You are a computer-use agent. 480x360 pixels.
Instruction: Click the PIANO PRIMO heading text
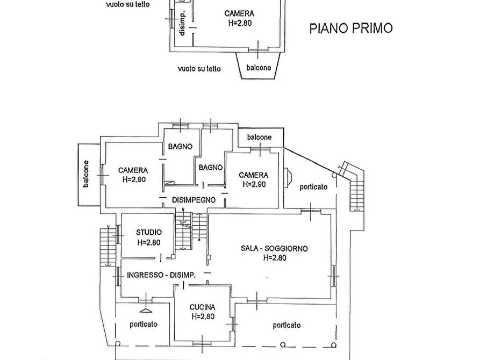point(350,28)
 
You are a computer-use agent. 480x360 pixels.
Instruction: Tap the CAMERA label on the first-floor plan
point(239,14)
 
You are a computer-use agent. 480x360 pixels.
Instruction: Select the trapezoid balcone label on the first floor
point(259,68)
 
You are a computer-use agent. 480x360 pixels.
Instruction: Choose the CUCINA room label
point(203,307)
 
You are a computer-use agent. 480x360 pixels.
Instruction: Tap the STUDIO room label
point(148,232)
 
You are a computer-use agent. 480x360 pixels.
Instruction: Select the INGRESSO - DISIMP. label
point(161,275)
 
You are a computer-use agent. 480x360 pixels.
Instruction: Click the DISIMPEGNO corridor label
point(194,200)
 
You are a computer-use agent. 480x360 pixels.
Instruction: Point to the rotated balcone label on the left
point(87,174)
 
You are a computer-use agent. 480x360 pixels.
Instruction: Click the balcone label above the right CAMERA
point(259,138)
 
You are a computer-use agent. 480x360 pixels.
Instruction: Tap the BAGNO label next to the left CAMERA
point(180,146)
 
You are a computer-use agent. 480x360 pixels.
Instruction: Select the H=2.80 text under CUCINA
point(202,316)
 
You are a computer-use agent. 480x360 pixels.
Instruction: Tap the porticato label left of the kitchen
point(143,324)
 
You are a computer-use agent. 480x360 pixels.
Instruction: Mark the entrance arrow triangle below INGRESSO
point(145,310)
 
